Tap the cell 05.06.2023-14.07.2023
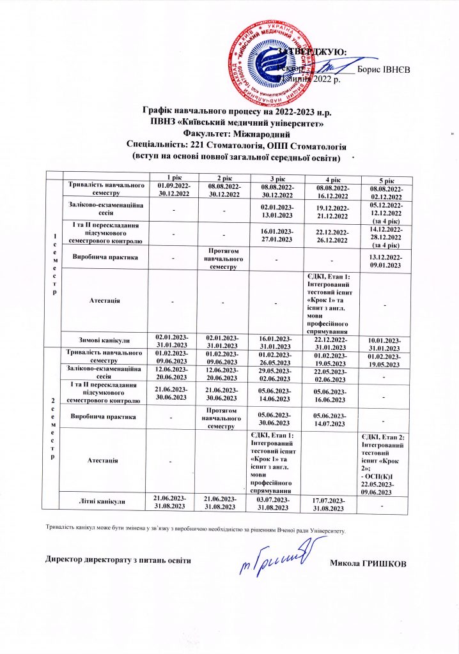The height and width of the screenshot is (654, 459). coord(329,420)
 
